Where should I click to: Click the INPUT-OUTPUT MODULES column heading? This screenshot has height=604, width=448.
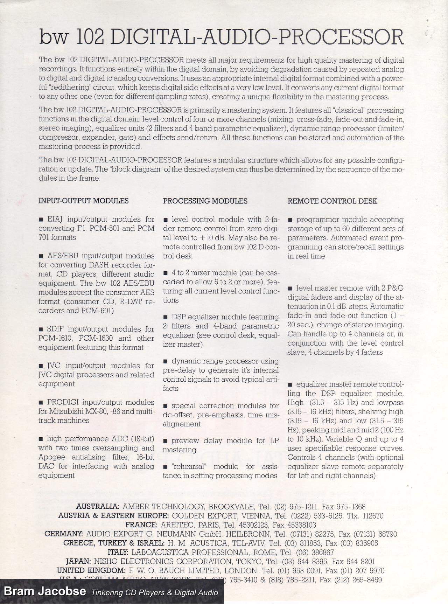83,201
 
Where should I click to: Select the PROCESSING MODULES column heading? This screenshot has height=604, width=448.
205,201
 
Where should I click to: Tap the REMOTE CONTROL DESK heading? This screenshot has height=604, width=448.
332,201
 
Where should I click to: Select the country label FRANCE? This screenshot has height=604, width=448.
141,525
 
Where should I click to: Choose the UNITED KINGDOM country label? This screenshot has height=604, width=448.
91,570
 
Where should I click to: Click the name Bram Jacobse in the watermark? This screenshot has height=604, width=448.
45,591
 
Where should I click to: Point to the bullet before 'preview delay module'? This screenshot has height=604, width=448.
165,441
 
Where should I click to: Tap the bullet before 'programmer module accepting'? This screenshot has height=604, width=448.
290,220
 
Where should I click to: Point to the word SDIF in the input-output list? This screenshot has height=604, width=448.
55,329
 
